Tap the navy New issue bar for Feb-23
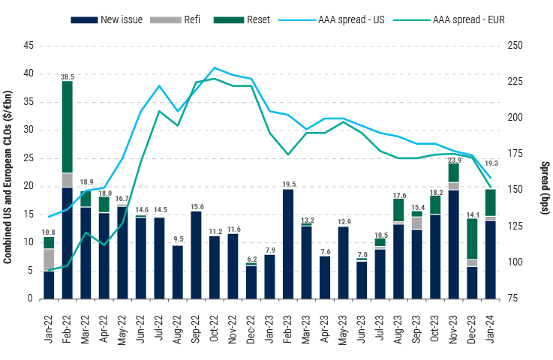point(288,244)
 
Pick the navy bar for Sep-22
point(196,255)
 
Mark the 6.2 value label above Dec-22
point(251,259)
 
